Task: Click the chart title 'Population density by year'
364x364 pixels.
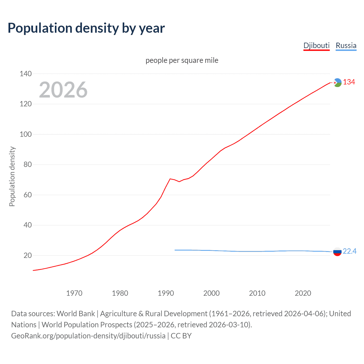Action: click(x=86, y=28)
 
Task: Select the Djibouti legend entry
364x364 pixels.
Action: click(x=316, y=45)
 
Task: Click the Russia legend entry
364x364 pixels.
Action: click(x=346, y=45)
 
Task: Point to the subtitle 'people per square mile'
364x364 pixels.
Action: click(x=182, y=60)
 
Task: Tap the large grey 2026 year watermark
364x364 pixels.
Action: click(x=63, y=90)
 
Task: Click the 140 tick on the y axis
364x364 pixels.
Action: click(x=26, y=74)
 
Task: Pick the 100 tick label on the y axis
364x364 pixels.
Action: click(x=26, y=134)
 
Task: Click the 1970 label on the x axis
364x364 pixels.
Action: click(x=74, y=293)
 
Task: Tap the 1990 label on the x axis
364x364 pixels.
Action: click(x=166, y=293)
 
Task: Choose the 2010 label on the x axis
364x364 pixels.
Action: click(x=257, y=293)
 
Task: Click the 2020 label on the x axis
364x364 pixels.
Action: click(x=303, y=293)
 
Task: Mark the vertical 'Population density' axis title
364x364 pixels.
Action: click(x=12, y=176)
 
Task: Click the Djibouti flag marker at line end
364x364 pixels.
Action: click(x=337, y=82)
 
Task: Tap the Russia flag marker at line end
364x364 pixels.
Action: click(x=337, y=252)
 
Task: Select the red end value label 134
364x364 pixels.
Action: click(x=349, y=82)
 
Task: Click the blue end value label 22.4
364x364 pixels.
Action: click(x=349, y=251)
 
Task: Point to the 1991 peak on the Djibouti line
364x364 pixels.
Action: click(x=170, y=179)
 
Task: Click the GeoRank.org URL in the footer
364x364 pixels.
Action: click(x=88, y=336)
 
